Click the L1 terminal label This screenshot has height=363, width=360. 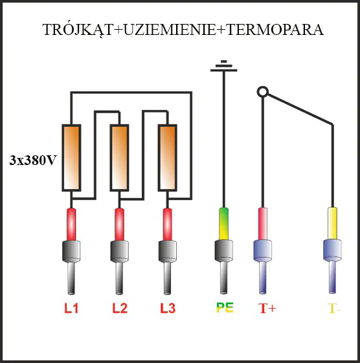pyautogui.click(x=71, y=309)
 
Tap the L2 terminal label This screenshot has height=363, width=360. pyautogui.click(x=120, y=309)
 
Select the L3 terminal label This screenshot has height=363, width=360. pyautogui.click(x=168, y=309)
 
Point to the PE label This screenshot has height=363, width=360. pyautogui.click(x=225, y=307)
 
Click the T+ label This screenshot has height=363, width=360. pyautogui.click(x=267, y=309)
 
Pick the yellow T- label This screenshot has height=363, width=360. pyautogui.click(x=334, y=309)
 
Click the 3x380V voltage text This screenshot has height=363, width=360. pyautogui.click(x=32, y=160)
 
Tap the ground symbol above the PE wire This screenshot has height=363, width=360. pyautogui.click(x=224, y=66)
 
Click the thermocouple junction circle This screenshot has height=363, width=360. pyautogui.click(x=263, y=92)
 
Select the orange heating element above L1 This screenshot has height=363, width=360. pyautogui.click(x=72, y=158)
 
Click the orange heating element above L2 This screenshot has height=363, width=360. pyautogui.click(x=119, y=158)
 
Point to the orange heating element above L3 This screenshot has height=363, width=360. pyautogui.click(x=168, y=158)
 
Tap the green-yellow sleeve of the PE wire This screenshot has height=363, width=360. pyautogui.click(x=223, y=224)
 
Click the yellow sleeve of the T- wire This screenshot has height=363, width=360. pyautogui.click(x=332, y=223)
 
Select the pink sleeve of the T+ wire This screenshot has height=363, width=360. pyautogui.click(x=263, y=224)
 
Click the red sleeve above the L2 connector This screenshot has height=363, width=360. pyautogui.click(x=120, y=225)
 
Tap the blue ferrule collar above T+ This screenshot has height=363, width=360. pyautogui.click(x=262, y=250)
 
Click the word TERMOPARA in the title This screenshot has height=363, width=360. pyautogui.click(x=275, y=30)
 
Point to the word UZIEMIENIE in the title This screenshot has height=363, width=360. pyautogui.click(x=170, y=30)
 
